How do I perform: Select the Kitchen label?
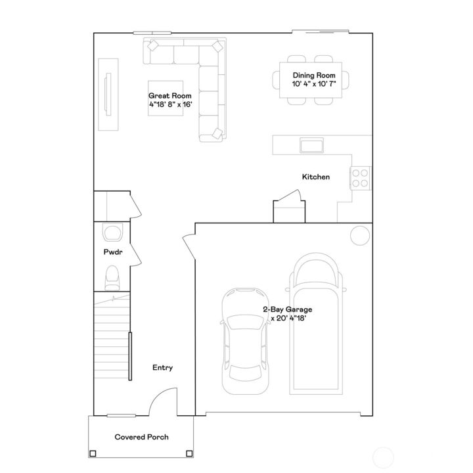pyautogui.click(x=315, y=177)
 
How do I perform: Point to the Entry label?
pyautogui.click(x=162, y=368)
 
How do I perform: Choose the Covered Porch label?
pyautogui.click(x=141, y=437)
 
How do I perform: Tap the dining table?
pyautogui.click(x=313, y=79)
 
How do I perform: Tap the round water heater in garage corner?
pyautogui.click(x=360, y=235)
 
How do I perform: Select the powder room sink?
pyautogui.click(x=112, y=233)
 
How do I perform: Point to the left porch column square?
pyautogui.click(x=93, y=453)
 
